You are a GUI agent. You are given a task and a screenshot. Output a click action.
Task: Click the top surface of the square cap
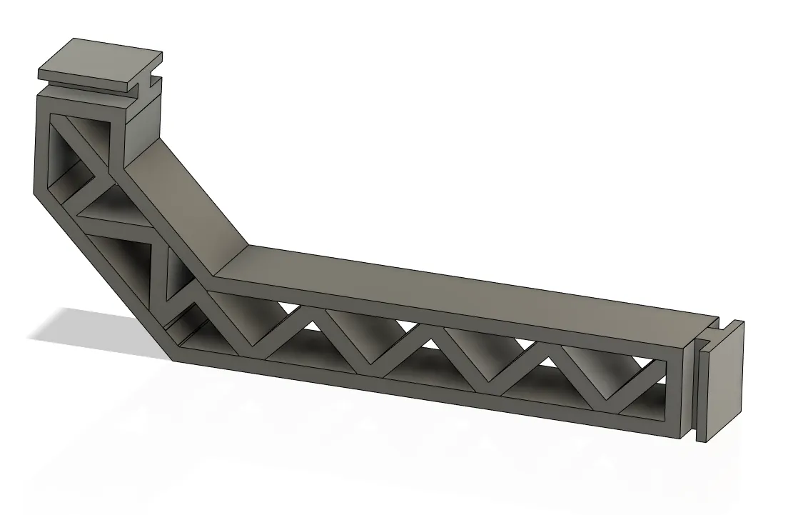(x=100, y=58)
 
